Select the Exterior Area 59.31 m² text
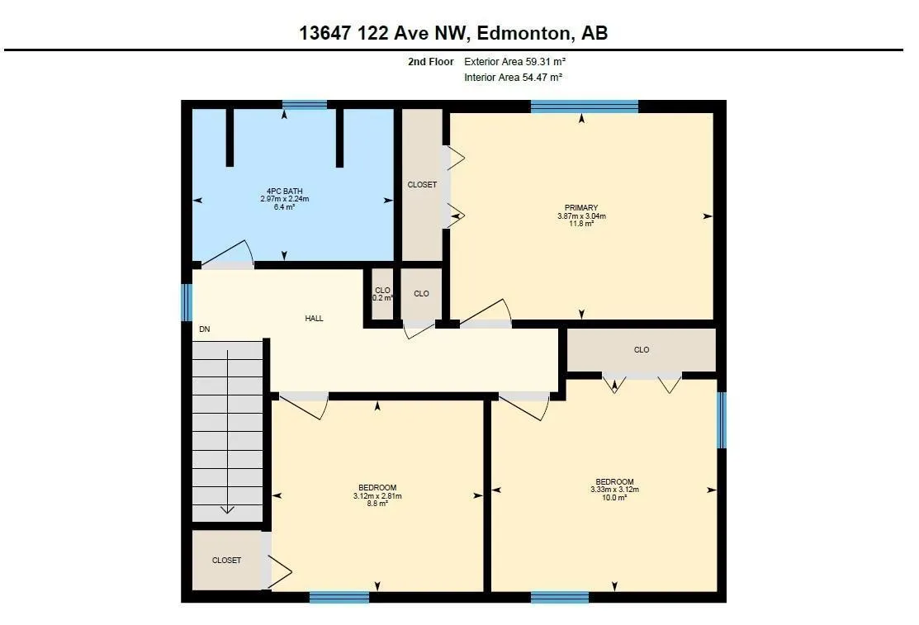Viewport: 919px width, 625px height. (x=514, y=62)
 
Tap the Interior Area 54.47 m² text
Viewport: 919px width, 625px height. (x=513, y=78)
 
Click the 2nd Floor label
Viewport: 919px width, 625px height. (x=431, y=62)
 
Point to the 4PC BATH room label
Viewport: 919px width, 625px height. (x=284, y=192)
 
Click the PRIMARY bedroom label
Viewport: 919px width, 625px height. (x=581, y=207)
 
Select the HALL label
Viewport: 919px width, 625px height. (x=314, y=319)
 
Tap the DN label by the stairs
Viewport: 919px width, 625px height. (x=205, y=329)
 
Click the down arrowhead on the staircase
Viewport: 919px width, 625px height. (x=227, y=509)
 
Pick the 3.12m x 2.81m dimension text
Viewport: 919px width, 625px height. (x=377, y=496)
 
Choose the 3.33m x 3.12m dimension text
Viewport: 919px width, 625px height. (x=615, y=490)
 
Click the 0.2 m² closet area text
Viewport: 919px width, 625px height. (x=383, y=298)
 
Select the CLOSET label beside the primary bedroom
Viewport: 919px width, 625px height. (x=422, y=185)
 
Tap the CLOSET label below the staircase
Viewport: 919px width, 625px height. (x=227, y=561)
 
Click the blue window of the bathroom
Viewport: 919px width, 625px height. (x=305, y=105)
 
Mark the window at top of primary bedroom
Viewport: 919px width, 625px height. (x=585, y=107)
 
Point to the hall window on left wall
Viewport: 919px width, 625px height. (x=187, y=302)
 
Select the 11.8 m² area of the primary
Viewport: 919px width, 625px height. (x=581, y=224)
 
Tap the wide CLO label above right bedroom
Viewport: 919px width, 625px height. (x=642, y=350)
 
